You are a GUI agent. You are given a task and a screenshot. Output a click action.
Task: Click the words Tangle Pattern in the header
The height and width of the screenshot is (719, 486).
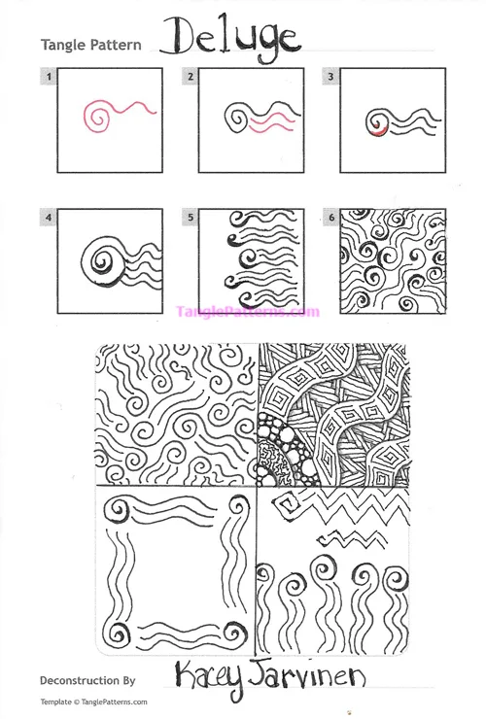point(91,46)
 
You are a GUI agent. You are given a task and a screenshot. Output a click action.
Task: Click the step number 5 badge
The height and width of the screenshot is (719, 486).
point(191,218)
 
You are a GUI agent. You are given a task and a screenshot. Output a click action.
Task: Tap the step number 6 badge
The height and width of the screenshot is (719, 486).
point(331,218)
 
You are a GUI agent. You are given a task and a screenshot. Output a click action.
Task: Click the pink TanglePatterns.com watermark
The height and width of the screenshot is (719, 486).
point(247,312)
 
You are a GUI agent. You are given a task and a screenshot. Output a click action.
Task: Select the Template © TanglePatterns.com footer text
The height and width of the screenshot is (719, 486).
point(93,702)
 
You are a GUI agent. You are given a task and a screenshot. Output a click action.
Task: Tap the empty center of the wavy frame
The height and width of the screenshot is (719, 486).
point(175,573)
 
